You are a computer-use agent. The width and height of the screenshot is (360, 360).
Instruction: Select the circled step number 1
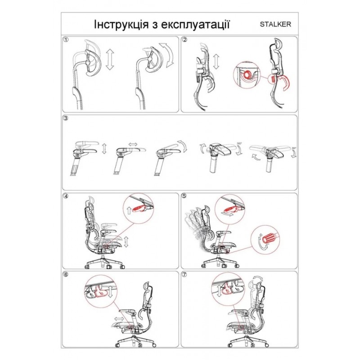[67, 40]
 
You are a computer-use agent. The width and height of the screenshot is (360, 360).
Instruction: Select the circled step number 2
[184, 40]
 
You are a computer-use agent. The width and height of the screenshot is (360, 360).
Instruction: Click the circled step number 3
[67, 119]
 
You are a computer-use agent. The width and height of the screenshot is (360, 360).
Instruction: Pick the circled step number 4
[67, 196]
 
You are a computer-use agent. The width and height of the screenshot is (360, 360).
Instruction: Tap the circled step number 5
[184, 196]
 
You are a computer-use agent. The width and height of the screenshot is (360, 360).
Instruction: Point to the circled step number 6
[67, 274]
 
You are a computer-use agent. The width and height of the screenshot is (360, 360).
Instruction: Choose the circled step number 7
[184, 274]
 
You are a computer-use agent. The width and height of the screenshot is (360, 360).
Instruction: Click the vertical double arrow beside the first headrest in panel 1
[110, 60]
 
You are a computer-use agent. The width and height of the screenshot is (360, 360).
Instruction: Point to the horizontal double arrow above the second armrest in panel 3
[134, 144]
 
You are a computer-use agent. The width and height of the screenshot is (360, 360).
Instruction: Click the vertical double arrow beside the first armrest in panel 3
[104, 149]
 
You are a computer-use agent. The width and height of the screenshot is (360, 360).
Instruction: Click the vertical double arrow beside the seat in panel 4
[126, 241]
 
